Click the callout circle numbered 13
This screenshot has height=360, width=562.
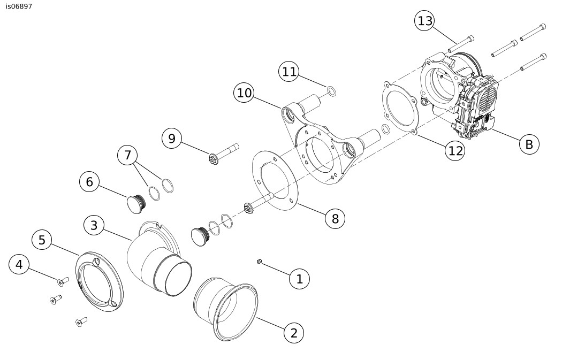(x=425, y=21)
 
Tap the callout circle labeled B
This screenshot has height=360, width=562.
(x=529, y=144)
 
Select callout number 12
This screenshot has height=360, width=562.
(x=455, y=151)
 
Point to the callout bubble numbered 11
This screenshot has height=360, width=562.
(x=289, y=72)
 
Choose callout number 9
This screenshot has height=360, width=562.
(x=172, y=138)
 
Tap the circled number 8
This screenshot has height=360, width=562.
(x=335, y=218)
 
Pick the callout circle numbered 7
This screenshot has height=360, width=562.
(x=127, y=155)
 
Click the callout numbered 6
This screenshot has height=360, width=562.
(x=89, y=182)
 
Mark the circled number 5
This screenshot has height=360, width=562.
(x=42, y=240)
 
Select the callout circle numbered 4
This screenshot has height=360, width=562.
(x=19, y=265)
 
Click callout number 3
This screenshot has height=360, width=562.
(x=94, y=225)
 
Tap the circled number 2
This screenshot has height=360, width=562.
(x=293, y=333)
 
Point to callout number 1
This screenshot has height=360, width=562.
(x=299, y=279)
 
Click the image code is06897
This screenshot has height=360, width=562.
(x=19, y=6)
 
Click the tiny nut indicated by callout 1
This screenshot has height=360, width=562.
(x=259, y=262)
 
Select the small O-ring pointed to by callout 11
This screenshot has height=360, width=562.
(x=331, y=91)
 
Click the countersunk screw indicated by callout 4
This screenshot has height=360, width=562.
(x=63, y=282)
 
